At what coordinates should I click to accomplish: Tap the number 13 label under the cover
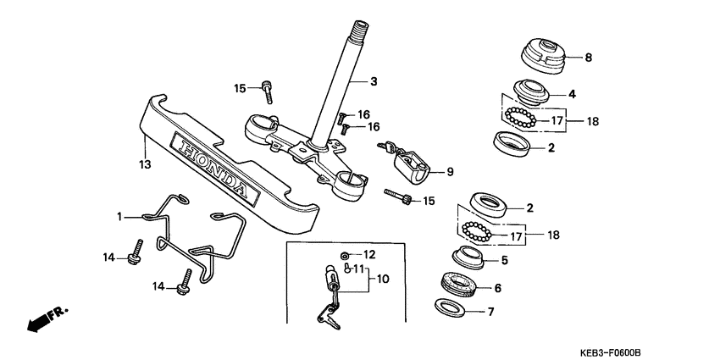tap(144, 163)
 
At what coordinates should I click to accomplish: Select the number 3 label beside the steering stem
tap(374, 82)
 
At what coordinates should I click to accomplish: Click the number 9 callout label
tap(450, 172)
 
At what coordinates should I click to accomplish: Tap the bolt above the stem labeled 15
tap(268, 86)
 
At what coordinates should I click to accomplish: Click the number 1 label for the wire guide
tap(120, 217)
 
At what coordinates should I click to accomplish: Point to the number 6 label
tap(497, 288)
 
